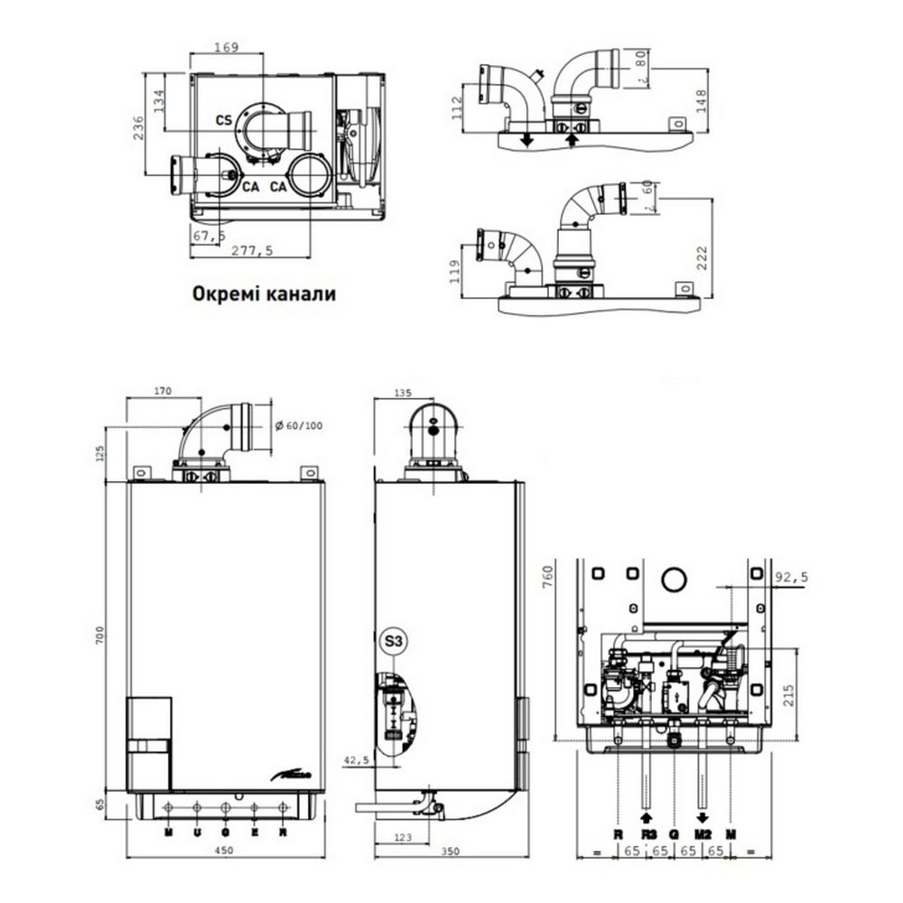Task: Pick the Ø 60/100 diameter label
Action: tap(297, 425)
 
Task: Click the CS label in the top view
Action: tap(224, 119)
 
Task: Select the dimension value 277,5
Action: tap(253, 252)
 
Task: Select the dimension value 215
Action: tap(792, 696)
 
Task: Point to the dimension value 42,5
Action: tap(360, 761)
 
